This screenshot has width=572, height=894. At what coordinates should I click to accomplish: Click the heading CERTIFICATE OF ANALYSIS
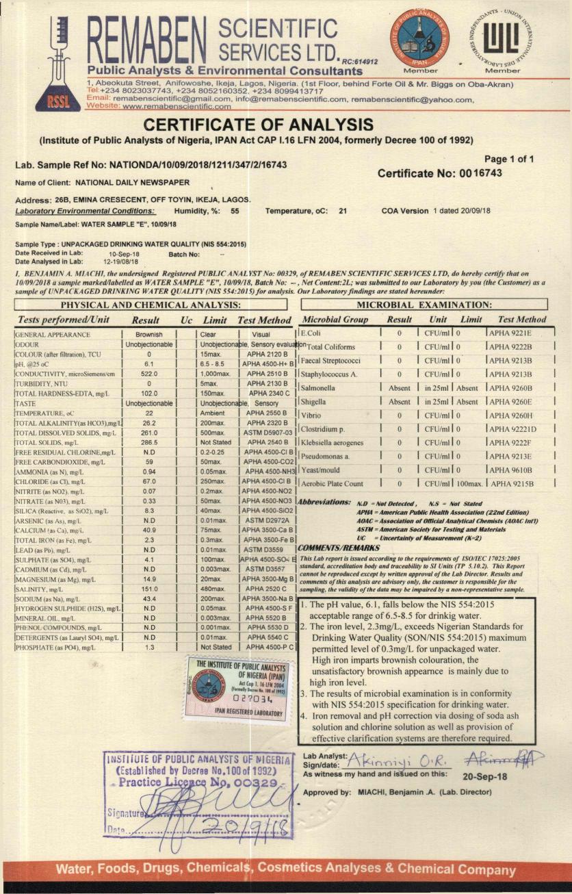pos(258,125)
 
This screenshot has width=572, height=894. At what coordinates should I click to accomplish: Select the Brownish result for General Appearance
pos(149,335)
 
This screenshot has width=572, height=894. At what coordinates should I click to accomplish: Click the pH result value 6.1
pos(149,364)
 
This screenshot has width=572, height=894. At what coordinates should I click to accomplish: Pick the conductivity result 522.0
pos(149,374)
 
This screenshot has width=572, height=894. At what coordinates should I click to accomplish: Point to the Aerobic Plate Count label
pos(333,484)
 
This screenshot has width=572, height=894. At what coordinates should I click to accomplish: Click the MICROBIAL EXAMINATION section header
pos(424,305)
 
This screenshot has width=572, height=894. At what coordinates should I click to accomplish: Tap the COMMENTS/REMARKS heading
pos(339,548)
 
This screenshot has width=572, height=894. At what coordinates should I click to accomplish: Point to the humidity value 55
pos(235,211)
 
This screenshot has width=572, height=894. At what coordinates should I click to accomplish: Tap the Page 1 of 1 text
pos(509,159)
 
